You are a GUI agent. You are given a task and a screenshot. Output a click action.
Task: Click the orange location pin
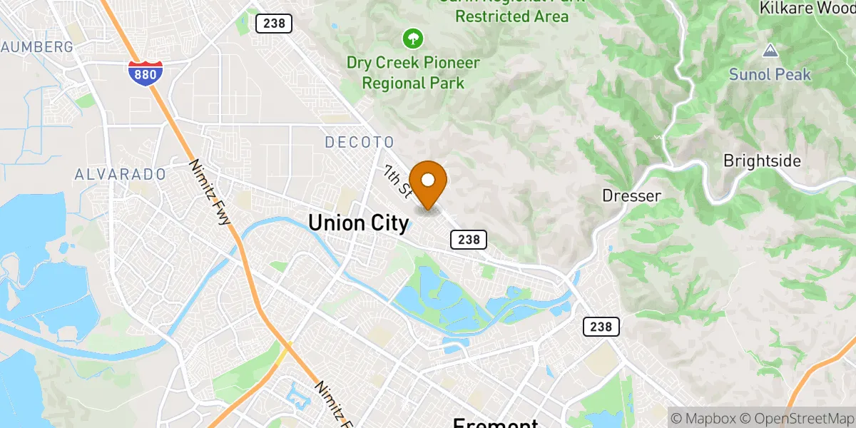429,183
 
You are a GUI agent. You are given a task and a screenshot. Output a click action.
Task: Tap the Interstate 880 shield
146,73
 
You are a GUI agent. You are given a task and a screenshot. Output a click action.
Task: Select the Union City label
359,223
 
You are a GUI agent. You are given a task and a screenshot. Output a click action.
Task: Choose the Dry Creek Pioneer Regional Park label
413,73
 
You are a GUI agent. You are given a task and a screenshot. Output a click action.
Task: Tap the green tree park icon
412,37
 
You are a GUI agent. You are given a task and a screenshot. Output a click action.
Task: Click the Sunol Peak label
770,74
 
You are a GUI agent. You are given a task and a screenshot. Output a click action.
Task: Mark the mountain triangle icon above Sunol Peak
770,51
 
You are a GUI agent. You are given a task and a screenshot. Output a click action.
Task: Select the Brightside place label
762,160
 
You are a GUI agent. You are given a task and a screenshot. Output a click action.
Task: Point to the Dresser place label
632,195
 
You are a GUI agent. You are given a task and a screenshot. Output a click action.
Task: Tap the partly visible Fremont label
495,422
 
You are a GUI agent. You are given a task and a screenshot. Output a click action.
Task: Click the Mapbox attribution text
703,417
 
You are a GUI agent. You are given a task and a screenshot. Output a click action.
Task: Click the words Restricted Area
511,16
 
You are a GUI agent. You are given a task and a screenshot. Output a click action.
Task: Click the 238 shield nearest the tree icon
273,24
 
